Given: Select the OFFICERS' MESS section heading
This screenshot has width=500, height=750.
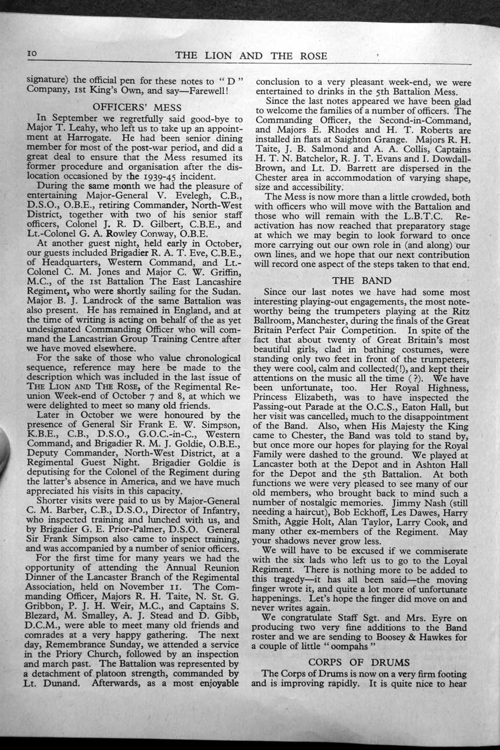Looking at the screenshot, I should (138, 107).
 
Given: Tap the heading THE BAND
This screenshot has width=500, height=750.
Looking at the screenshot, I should (361, 280).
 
